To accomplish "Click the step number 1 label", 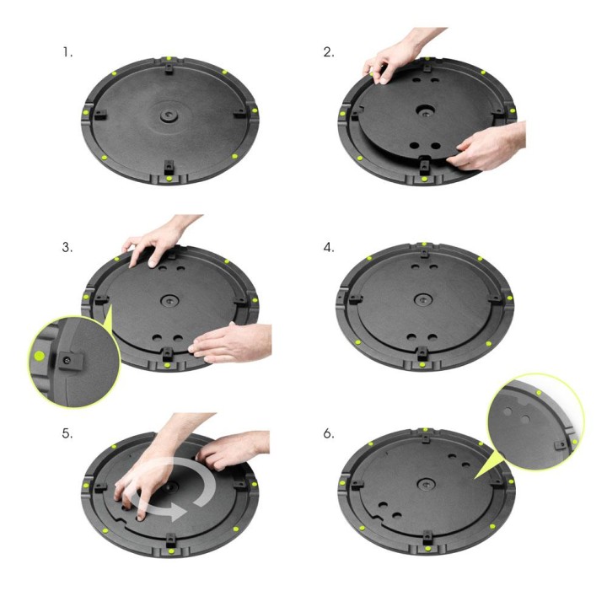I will point(67,52).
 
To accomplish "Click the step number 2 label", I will point(329,52).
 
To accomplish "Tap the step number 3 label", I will point(67,248).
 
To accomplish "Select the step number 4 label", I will point(329,248).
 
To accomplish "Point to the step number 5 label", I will point(67,435).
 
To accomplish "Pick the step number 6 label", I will point(329,435).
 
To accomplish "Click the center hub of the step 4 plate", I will point(423,300).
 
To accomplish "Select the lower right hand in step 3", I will point(223,341).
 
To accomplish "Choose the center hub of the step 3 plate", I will point(170,300).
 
